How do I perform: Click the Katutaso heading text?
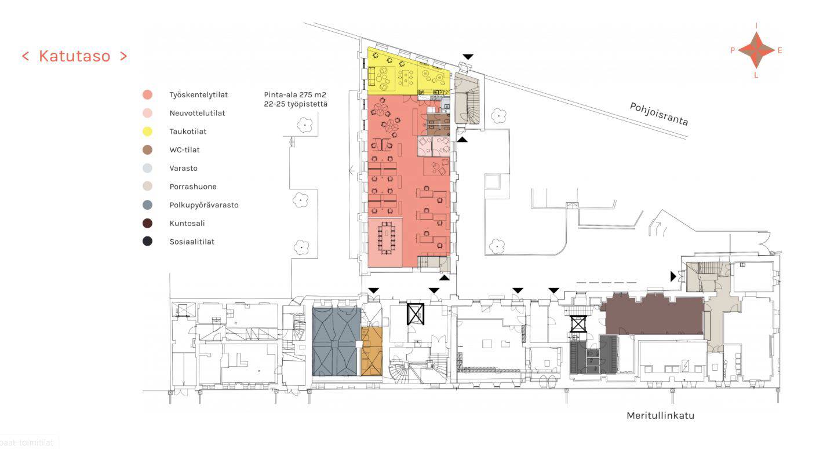[74, 56]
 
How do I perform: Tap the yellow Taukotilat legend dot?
[147, 131]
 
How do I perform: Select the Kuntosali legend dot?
[147, 223]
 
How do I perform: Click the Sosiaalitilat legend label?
[192, 242]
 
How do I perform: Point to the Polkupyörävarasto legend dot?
[147, 205]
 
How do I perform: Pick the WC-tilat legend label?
[184, 149]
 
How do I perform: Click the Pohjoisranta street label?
[658, 114]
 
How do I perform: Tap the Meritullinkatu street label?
[660, 415]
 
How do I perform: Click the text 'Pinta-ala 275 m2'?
[295, 94]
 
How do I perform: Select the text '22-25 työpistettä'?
[296, 104]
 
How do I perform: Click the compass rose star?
[756, 50]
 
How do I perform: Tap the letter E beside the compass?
[780, 50]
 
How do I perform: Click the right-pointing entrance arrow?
[673, 276]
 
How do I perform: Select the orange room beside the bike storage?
[372, 351]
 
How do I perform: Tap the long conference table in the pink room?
[387, 238]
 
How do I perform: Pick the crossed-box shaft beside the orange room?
[416, 314]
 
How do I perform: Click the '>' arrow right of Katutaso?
[123, 56]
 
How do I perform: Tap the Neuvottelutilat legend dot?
[147, 113]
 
